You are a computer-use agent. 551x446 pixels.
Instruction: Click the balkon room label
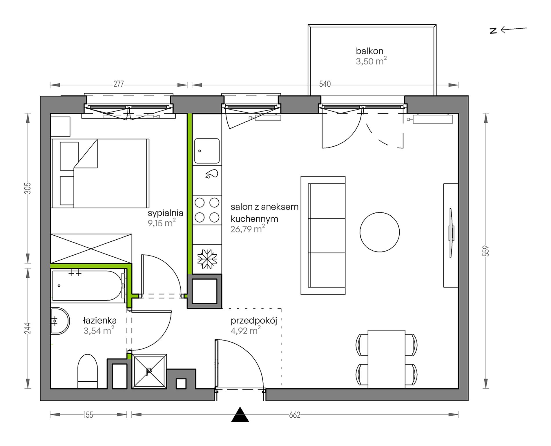point(369,51)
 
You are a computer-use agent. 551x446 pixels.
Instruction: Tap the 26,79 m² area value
point(248,229)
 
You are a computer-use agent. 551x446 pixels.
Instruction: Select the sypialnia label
point(165,213)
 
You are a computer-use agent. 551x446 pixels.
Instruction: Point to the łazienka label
point(100,320)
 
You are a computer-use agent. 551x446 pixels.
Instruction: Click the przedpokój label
point(254,321)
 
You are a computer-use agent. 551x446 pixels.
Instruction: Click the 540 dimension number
point(325,84)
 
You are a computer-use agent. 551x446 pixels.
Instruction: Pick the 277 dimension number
point(118,84)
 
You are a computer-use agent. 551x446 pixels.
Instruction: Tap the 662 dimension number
point(294,415)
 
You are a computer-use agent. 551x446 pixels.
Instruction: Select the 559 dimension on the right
point(486,251)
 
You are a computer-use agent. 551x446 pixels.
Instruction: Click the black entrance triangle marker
point(240,415)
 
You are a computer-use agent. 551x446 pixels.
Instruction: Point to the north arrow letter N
point(493,31)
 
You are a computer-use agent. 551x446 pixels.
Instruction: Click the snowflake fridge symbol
point(207,259)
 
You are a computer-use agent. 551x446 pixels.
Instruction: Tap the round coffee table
point(380,232)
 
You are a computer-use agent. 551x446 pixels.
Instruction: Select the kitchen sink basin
point(207,151)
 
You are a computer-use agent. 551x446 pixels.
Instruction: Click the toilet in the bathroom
point(87,371)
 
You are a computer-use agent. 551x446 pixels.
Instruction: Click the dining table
point(386,359)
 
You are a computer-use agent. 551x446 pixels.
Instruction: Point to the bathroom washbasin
point(60,321)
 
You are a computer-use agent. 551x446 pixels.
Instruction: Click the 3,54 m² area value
point(99,330)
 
